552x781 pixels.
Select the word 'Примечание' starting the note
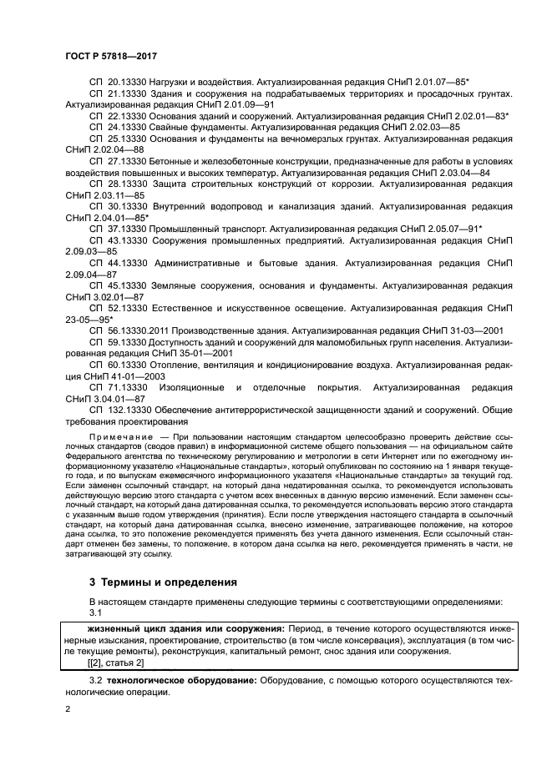(118, 436)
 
